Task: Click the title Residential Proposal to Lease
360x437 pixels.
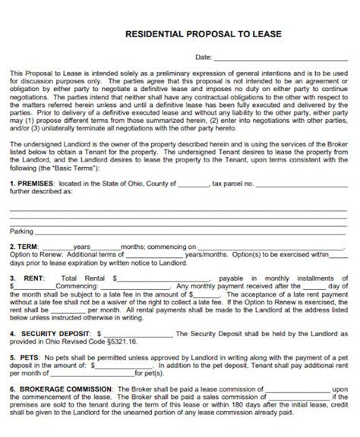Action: pos(180,35)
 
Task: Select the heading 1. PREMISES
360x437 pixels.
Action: pos(30,184)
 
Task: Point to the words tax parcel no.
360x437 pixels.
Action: pos(232,184)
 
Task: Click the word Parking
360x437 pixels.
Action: pos(21,231)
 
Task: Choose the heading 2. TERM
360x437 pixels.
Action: pos(24,247)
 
